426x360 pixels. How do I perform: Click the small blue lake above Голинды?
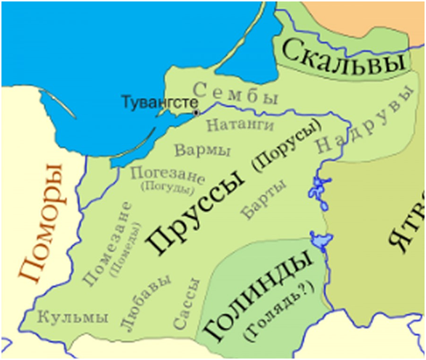pos(319,239)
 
